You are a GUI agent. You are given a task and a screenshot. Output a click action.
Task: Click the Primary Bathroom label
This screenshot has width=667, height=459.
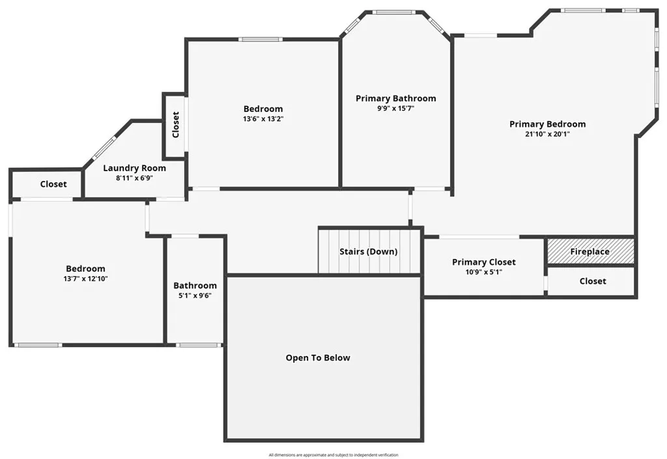(395, 98)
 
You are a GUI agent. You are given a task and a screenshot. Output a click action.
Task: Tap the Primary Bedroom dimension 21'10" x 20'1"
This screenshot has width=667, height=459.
(547, 134)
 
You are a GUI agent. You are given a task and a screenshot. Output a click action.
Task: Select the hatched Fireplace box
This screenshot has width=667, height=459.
(590, 251)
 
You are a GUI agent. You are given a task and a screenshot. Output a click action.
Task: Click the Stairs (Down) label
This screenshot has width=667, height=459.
(369, 251)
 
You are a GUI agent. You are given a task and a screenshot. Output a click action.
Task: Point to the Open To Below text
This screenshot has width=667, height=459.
(318, 358)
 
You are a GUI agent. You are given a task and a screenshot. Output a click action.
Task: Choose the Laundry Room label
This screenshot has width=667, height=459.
(134, 168)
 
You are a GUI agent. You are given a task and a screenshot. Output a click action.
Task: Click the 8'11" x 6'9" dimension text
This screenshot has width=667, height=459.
(134, 178)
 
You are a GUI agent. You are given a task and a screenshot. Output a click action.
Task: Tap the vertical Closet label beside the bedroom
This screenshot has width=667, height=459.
(176, 125)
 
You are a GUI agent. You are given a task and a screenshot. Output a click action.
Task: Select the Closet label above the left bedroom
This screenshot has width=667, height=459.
(53, 184)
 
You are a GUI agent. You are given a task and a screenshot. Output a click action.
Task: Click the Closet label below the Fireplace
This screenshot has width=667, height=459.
(593, 281)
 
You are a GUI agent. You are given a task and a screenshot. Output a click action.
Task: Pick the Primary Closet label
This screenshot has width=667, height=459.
(484, 262)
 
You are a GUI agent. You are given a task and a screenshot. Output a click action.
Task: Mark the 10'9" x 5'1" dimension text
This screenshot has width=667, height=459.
(484, 272)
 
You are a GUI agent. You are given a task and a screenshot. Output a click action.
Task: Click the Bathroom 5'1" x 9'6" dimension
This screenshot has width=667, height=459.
(195, 296)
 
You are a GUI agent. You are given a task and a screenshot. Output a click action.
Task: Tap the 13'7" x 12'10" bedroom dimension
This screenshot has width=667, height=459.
(85, 279)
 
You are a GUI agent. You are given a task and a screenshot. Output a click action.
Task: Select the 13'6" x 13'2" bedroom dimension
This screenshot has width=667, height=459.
(263, 119)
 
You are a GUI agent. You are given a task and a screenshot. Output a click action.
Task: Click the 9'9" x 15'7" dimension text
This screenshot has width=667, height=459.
(395, 109)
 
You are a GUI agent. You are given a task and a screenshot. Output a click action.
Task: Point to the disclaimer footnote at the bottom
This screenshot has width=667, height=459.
(333, 455)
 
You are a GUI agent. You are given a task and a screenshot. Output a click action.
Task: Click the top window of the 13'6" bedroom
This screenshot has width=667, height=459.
(261, 40)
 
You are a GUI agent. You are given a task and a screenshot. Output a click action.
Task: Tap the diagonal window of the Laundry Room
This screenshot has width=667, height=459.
(105, 147)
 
